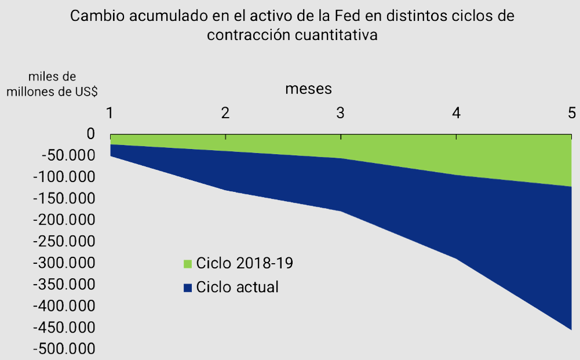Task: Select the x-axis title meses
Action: coord(308,89)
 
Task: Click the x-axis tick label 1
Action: coord(110,112)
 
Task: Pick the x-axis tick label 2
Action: coord(225,112)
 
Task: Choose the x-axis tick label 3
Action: coord(341,112)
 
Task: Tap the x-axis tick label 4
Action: coord(457,112)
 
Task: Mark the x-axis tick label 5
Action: coord(571,112)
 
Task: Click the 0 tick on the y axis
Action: coord(90,134)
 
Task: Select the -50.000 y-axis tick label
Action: coord(65,155)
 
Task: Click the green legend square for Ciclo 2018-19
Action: coord(187,264)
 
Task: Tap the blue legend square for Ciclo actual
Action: coord(187,288)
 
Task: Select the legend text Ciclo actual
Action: coord(238,287)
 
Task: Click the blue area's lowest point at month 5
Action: coord(571,329)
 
